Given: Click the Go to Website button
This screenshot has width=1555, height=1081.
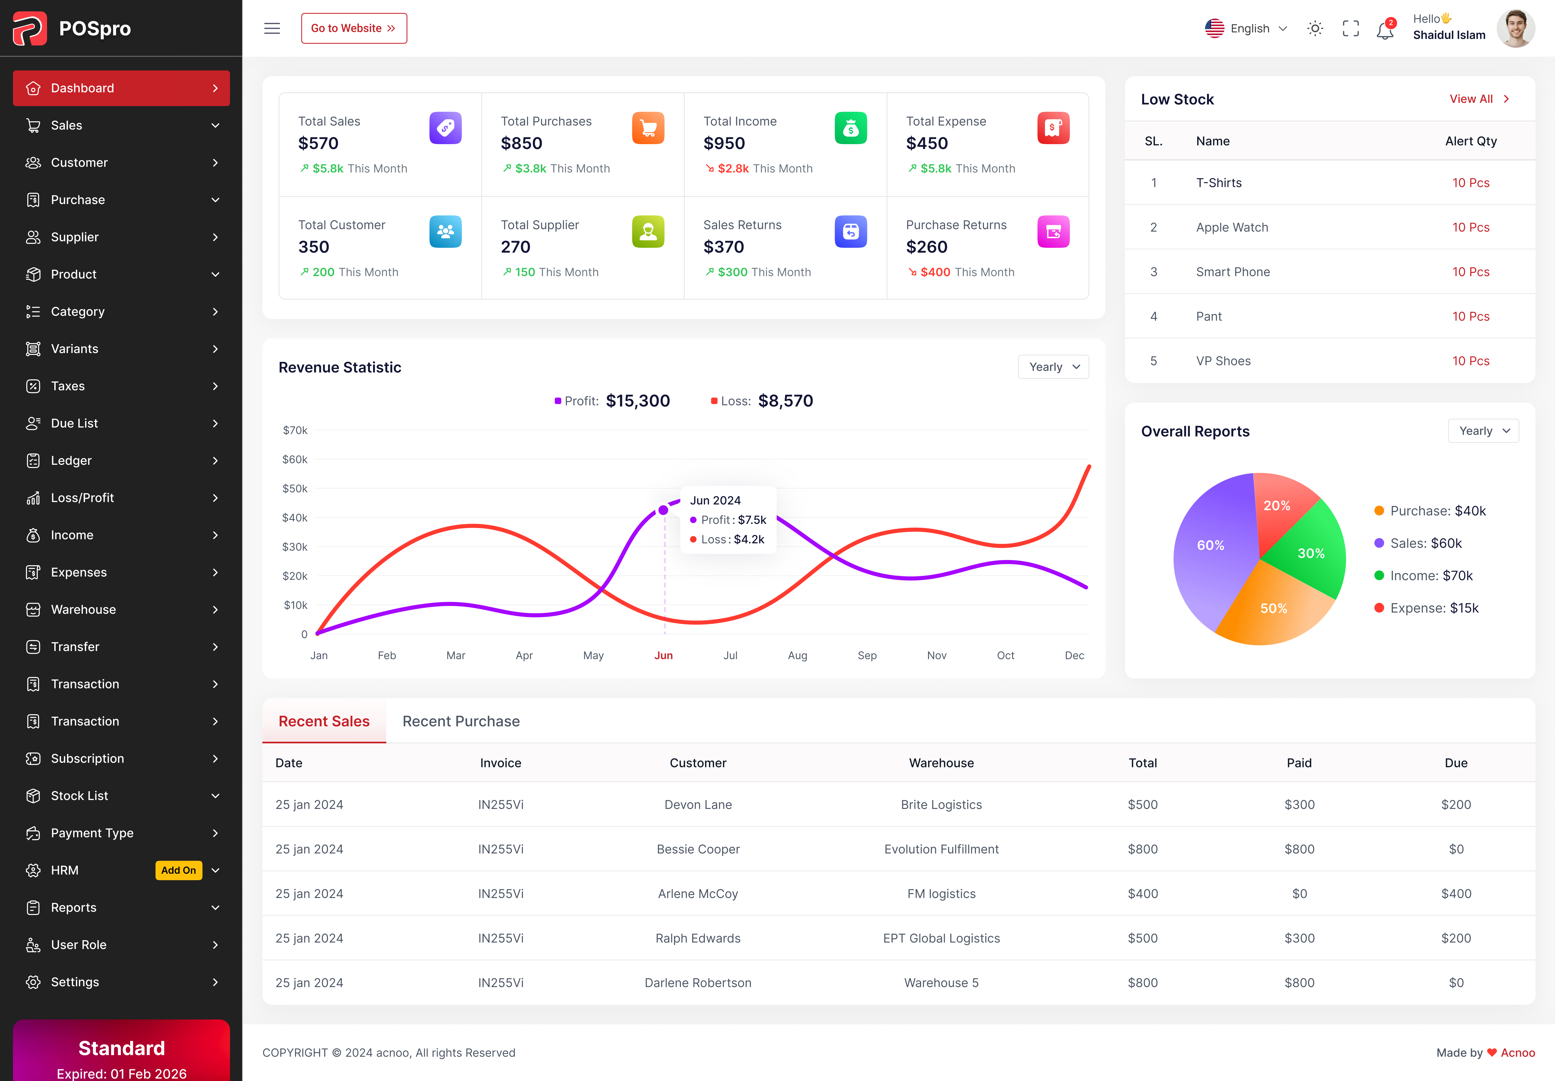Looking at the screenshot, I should tap(354, 28).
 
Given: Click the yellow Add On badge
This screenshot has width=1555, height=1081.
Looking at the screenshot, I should tap(178, 870).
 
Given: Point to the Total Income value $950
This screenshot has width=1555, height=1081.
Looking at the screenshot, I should tap(724, 144).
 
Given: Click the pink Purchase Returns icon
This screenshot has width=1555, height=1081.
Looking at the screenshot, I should tap(1053, 232).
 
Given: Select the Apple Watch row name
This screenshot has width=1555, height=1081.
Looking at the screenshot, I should tap(1231, 228).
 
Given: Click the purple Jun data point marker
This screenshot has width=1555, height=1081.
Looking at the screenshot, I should tap(663, 510).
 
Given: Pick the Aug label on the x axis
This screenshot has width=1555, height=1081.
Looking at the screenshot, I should tap(797, 656).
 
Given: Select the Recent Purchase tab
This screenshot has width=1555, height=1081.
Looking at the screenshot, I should tap(461, 721).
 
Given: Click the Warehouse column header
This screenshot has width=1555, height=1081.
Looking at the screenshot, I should tap(941, 763).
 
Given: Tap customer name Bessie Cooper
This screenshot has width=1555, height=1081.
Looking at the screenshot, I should tap(698, 849).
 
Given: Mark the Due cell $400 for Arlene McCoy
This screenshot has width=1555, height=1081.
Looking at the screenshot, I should tap(1455, 894).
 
